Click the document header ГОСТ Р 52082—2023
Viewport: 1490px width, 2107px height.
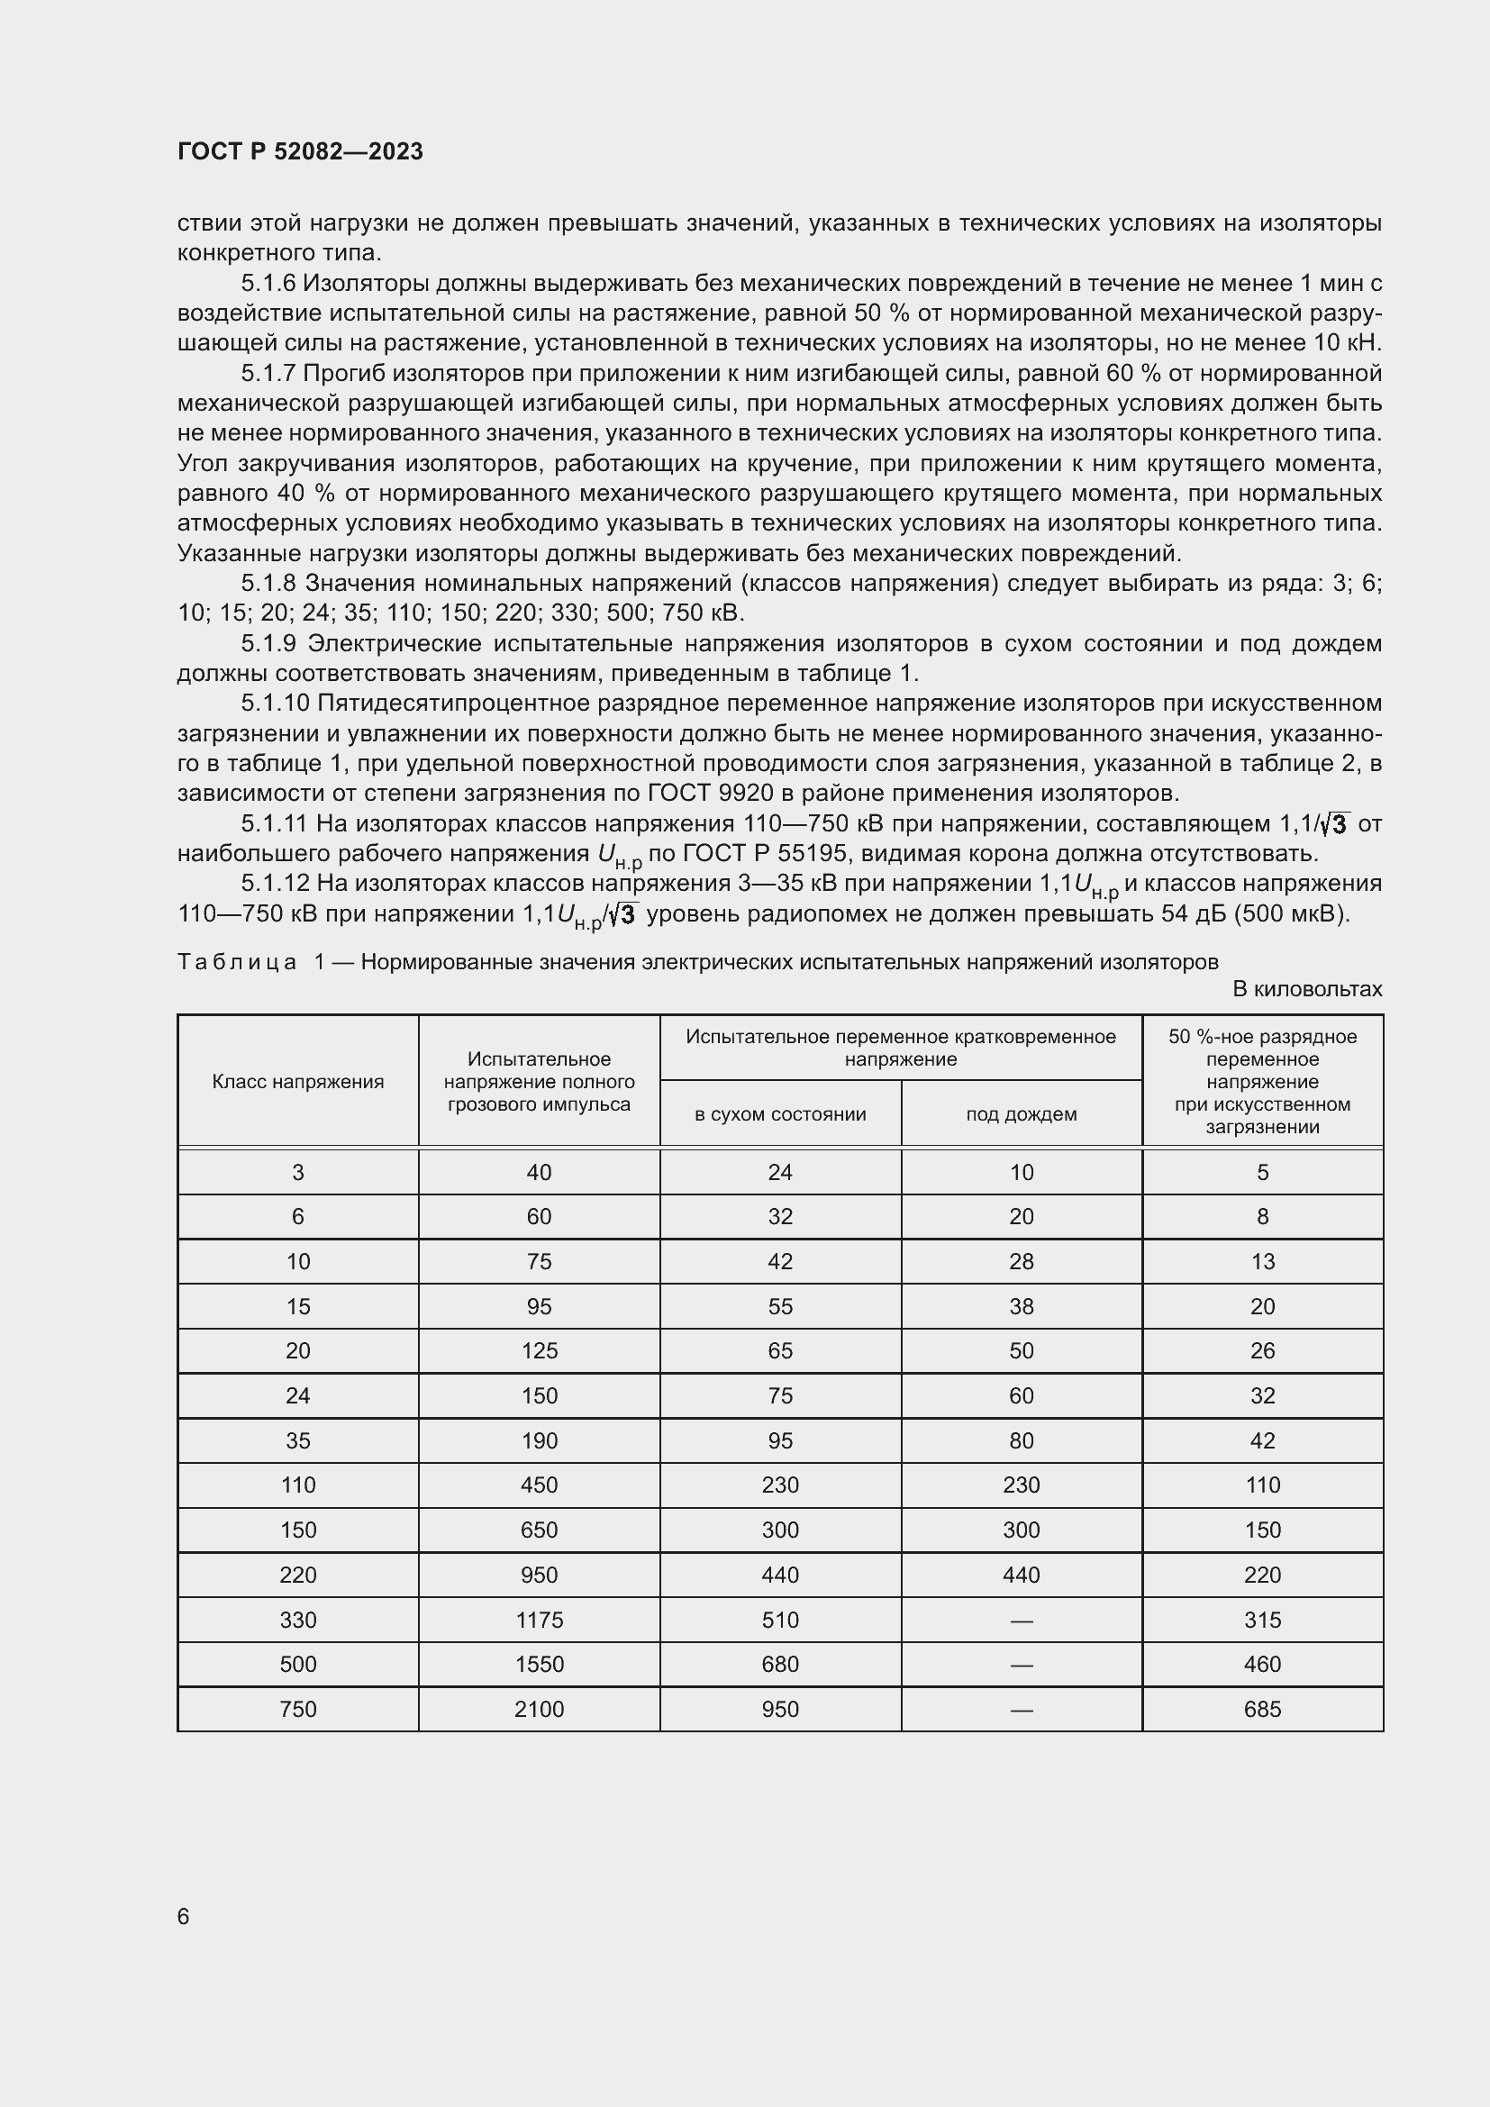pyautogui.click(x=300, y=151)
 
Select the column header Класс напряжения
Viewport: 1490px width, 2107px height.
pyautogui.click(x=297, y=1081)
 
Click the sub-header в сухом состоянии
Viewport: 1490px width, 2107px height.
pyautogui.click(x=780, y=1114)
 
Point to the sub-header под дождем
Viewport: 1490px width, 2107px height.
pyautogui.click(x=1022, y=1114)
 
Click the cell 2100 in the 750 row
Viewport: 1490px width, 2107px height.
pyautogui.click(x=539, y=1709)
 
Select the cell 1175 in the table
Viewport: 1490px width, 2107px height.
pyautogui.click(x=539, y=1620)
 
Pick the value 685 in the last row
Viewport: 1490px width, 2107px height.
pyautogui.click(x=1261, y=1709)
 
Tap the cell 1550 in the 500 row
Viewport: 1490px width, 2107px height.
pyautogui.click(x=539, y=1664)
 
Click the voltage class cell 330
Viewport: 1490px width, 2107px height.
pyautogui.click(x=297, y=1620)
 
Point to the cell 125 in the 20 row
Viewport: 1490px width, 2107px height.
pyautogui.click(x=539, y=1350)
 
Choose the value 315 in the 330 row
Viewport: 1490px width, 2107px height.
pyautogui.click(x=1261, y=1620)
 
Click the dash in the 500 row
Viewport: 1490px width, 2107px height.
pyautogui.click(x=1022, y=1665)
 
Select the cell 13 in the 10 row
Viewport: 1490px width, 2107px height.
pyautogui.click(x=1261, y=1261)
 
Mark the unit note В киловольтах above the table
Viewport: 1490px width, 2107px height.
pyautogui.click(x=1306, y=989)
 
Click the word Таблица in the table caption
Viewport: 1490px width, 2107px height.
pyautogui.click(x=237, y=962)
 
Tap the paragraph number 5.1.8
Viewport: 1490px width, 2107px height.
pyautogui.click(x=268, y=584)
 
